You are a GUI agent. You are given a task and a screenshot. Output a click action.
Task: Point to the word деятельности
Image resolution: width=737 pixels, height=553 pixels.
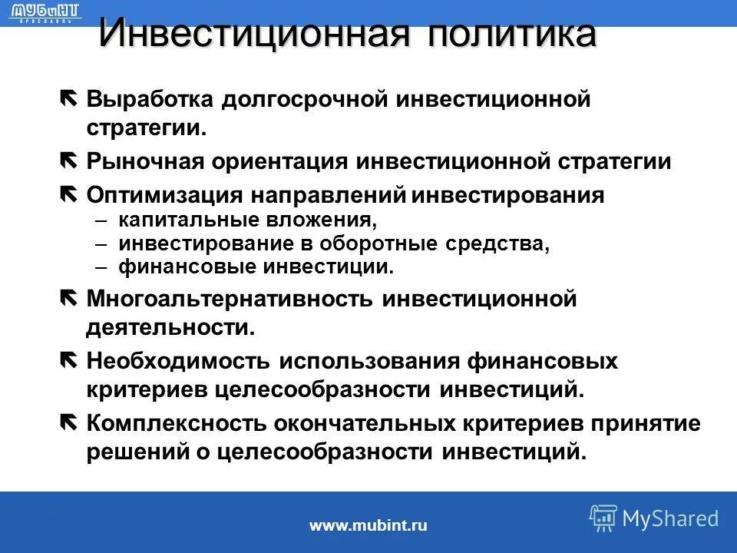pos(169,328)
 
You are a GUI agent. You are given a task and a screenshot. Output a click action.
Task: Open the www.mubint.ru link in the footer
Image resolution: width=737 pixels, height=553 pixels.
pos(368,525)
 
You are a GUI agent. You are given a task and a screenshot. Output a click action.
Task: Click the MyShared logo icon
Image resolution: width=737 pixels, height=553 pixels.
pos(603,518)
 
